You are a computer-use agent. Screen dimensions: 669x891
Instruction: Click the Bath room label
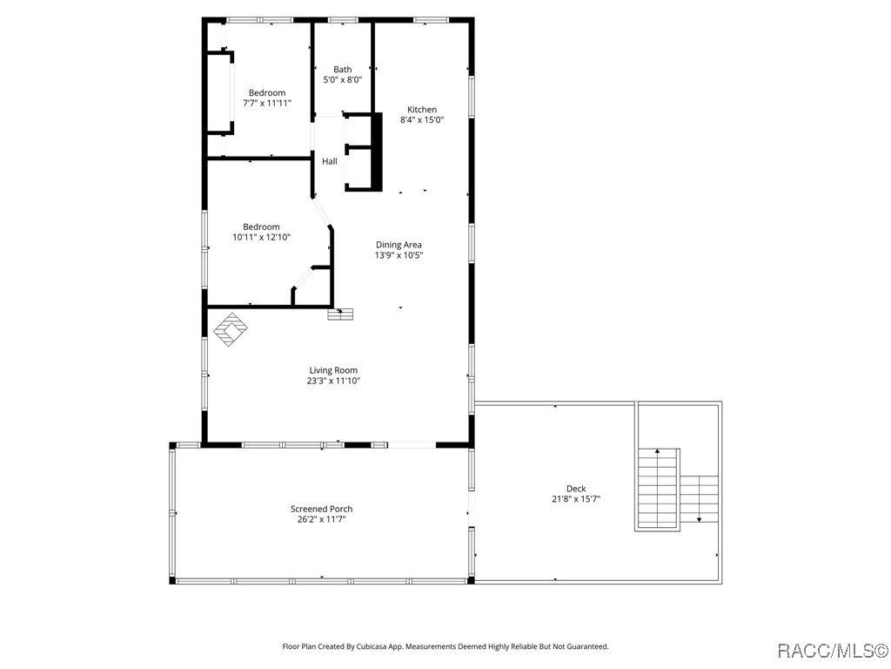coord(343,70)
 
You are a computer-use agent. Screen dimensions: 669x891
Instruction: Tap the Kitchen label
coord(422,110)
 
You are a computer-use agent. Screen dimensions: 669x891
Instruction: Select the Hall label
coord(330,161)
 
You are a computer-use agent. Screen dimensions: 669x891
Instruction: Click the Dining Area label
coord(399,245)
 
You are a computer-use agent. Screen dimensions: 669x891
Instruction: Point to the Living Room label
coord(333,370)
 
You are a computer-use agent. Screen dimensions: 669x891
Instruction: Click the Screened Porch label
coord(321,509)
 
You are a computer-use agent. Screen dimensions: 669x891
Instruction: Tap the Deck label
coord(576,489)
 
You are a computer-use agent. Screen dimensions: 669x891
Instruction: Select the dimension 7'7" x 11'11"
coord(267,103)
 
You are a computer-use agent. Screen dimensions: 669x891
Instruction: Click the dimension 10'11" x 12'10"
coord(261,237)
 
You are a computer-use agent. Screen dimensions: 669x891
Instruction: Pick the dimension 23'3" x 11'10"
coord(333,381)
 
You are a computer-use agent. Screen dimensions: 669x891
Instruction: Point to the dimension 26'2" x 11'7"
coord(321,519)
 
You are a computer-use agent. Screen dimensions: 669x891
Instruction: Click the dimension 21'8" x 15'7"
coord(576,499)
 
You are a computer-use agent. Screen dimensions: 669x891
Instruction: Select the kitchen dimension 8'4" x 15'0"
coord(422,120)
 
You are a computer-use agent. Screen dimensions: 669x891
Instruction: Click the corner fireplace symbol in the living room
coord(231,330)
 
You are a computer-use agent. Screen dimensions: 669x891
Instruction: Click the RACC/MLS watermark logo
coord(831,651)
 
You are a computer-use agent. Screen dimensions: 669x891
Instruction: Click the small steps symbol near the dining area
coord(340,314)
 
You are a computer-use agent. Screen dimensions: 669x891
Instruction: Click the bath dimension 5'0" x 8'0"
coord(343,80)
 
